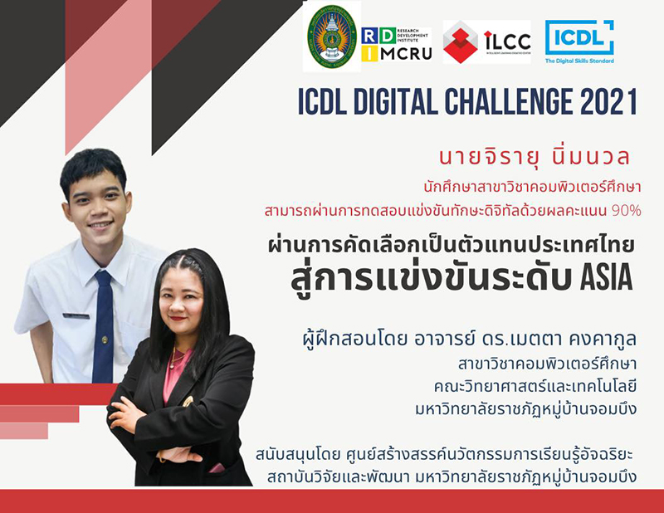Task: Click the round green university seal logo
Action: pyautogui.click(x=331, y=37)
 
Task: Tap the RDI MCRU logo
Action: pyautogui.click(x=397, y=45)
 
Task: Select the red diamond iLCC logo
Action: pyautogui.click(x=486, y=42)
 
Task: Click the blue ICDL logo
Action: pyautogui.click(x=579, y=42)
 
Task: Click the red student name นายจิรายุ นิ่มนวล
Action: pyautogui.click(x=534, y=157)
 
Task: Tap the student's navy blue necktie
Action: pyautogui.click(x=103, y=326)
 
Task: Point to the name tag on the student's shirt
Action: pyautogui.click(x=76, y=315)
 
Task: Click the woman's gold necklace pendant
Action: pyautogui.click(x=173, y=364)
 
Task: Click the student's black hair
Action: pyautogui.click(x=93, y=168)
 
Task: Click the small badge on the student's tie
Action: pyautogui.click(x=105, y=340)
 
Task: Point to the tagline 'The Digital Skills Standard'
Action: pyautogui.click(x=579, y=61)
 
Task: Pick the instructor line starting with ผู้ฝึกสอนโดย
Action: pyautogui.click(x=470, y=339)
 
